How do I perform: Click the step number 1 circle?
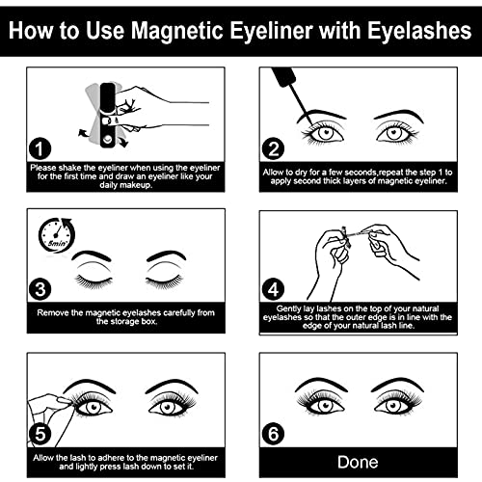39,148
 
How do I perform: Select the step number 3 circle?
39,286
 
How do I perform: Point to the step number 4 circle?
273,286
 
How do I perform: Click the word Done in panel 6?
363,459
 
